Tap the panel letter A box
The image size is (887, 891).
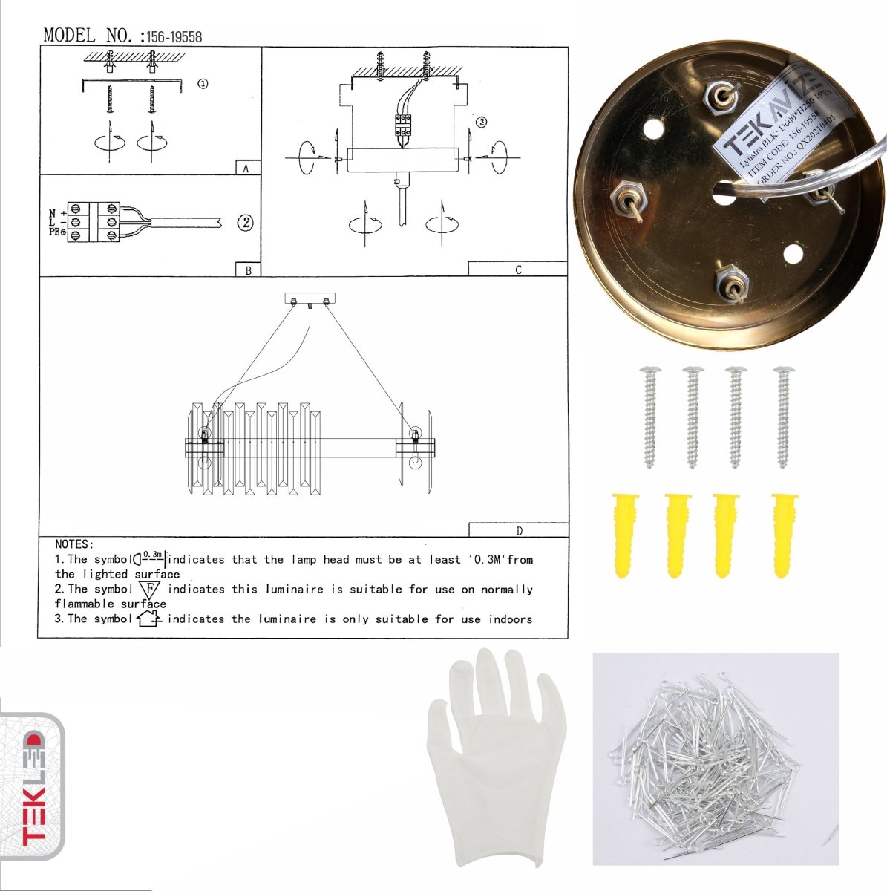click(247, 168)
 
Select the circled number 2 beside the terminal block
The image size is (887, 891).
click(246, 222)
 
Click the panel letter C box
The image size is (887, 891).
click(517, 269)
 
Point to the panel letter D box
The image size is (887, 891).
click(518, 530)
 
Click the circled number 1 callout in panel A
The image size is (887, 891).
click(203, 84)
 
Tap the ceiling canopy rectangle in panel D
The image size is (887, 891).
click(310, 298)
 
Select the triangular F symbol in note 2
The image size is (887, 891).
click(150, 590)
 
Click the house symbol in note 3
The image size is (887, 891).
click(149, 618)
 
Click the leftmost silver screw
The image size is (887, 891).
click(649, 416)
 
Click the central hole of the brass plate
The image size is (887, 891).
click(722, 195)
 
